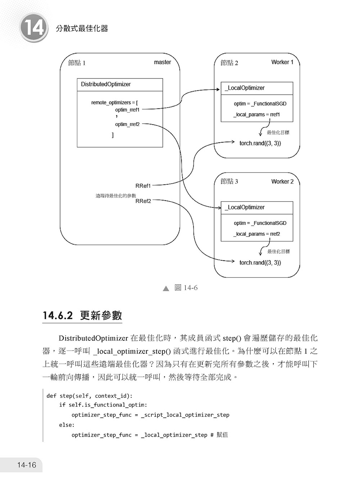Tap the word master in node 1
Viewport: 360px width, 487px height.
[x=162, y=62]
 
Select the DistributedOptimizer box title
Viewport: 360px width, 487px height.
[x=105, y=84]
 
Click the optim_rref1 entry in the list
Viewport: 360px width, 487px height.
[x=127, y=110]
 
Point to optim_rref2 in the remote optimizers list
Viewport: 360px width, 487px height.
[x=127, y=124]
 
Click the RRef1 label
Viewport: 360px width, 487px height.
[x=143, y=186]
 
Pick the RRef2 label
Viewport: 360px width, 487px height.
[x=143, y=201]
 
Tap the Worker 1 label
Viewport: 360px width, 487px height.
[x=282, y=62]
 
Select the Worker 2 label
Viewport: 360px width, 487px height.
[x=282, y=181]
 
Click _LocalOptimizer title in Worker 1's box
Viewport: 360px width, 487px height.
[x=245, y=88]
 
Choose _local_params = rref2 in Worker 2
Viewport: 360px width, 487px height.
[x=257, y=234]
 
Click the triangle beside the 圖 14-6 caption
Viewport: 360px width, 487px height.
[x=166, y=288]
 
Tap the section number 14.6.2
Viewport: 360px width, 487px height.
[x=58, y=316]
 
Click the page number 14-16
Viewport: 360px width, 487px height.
[x=27, y=465]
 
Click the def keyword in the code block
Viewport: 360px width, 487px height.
[x=51, y=396]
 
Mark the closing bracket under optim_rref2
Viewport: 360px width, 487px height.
[x=113, y=135]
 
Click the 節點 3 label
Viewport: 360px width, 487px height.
[x=229, y=181]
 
